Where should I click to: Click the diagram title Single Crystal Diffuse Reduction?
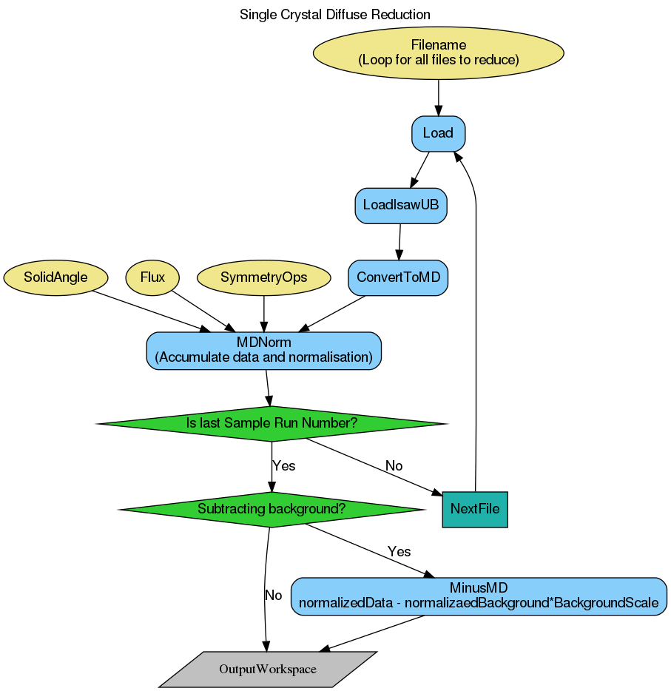pos(335,14)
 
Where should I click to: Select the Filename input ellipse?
pos(439,53)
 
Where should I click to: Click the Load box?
pos(438,134)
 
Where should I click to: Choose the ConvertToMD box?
pos(398,277)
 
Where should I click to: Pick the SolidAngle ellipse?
pos(55,277)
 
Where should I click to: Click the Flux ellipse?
pos(152,277)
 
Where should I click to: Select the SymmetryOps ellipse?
pos(264,277)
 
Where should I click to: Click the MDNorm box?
pos(264,350)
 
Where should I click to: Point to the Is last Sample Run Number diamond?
pos(272,423)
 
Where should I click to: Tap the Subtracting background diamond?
pos(272,509)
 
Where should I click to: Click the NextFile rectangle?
pos(474,509)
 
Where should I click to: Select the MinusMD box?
pos(479,596)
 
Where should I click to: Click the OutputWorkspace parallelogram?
pos(268,670)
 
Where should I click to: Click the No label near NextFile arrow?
pos(394,466)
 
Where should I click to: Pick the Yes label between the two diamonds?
pos(284,466)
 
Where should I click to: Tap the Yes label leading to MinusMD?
pos(399,552)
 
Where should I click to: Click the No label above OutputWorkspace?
pos(274,595)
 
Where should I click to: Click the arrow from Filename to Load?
pos(439,96)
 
